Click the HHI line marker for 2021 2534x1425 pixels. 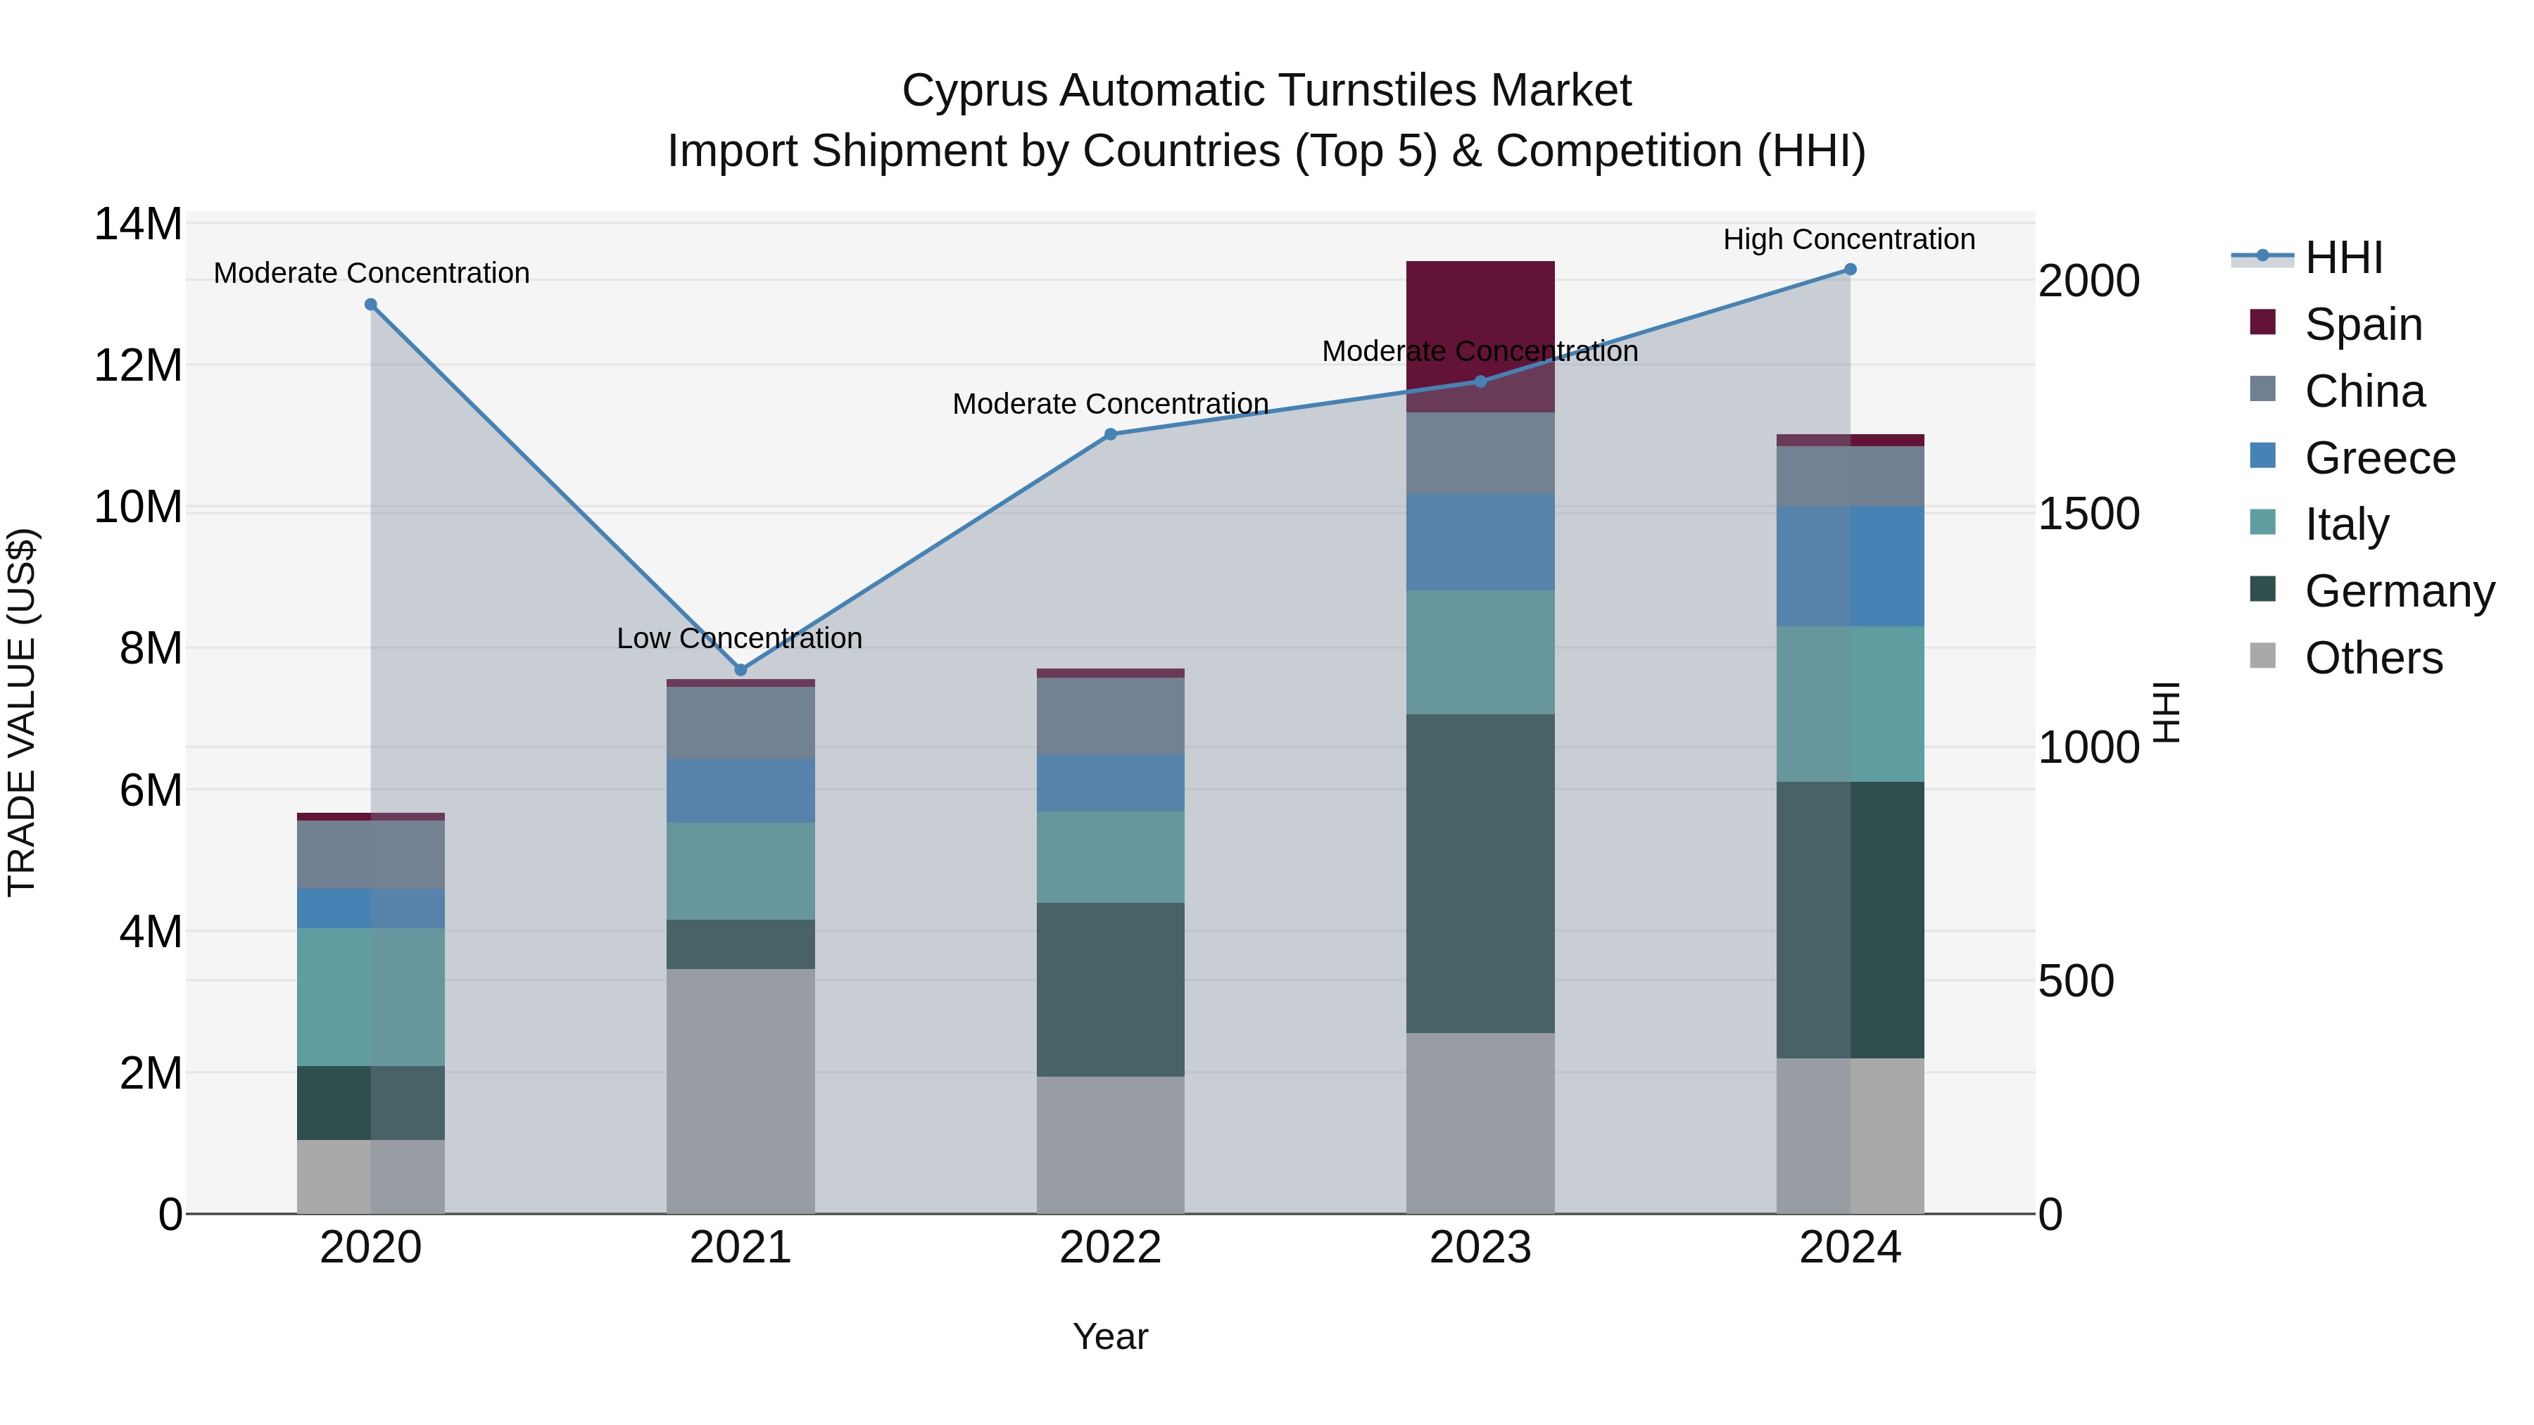pos(740,670)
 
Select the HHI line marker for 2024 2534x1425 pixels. pos(1851,270)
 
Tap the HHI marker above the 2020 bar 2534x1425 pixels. pos(371,305)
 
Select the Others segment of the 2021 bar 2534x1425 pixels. pos(740,1091)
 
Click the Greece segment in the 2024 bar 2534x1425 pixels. pos(1851,566)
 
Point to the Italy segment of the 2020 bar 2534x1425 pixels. pos(371,997)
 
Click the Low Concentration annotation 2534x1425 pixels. pos(739,638)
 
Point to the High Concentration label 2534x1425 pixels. pos(1848,239)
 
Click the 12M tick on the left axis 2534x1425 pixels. pos(138,366)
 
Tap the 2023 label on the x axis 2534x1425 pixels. pos(1480,1248)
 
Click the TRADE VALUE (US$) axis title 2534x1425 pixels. pos(22,712)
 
